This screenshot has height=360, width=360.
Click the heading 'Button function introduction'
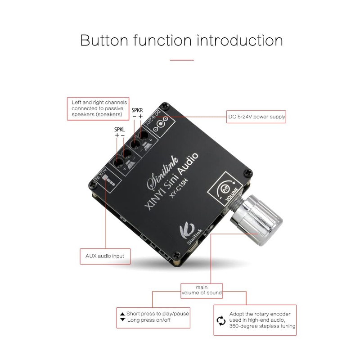[x=181, y=40]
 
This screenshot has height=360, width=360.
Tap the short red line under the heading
[x=182, y=59]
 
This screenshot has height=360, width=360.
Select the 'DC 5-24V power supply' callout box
[x=256, y=117]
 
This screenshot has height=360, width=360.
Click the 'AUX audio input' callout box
[x=105, y=256]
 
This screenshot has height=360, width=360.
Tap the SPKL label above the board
[x=120, y=130]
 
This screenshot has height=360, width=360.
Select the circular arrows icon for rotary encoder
[x=221, y=320]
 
